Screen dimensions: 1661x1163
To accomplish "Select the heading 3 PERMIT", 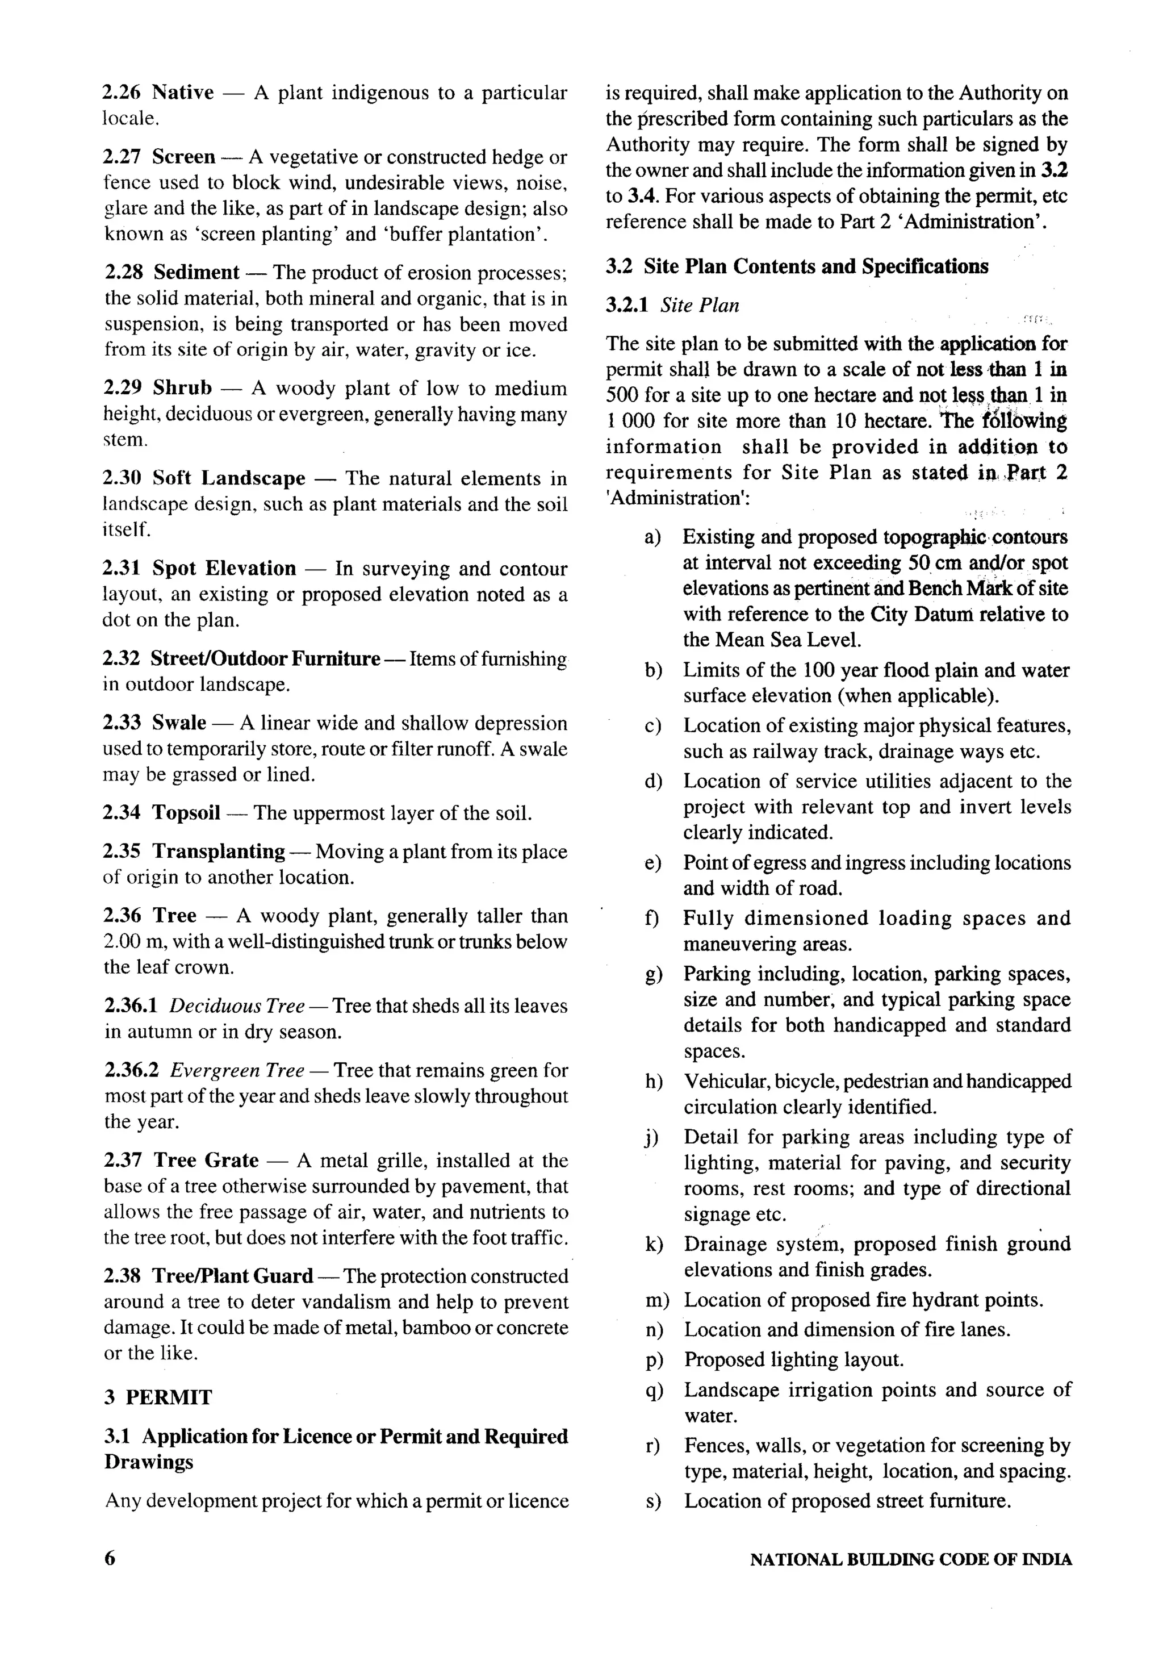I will [158, 1397].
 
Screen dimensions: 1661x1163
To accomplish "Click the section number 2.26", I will [122, 93].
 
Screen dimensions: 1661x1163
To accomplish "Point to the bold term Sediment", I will [196, 272].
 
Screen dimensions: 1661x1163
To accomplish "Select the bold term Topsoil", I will [186, 812].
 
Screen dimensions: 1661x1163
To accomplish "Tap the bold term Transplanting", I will [219, 852].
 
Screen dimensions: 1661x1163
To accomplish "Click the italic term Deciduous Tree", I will [236, 1005].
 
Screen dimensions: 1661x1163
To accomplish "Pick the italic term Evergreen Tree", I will [236, 1070].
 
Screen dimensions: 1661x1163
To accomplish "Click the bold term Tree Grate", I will [206, 1161].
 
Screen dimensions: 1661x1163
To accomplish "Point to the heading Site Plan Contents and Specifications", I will [816, 266].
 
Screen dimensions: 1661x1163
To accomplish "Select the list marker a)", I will [653, 537].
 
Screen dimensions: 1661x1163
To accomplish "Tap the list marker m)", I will [656, 1300].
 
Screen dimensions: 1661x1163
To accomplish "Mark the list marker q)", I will [653, 1389].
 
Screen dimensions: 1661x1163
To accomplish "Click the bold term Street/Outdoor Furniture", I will [265, 658].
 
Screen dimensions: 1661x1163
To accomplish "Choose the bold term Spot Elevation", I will [224, 568].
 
